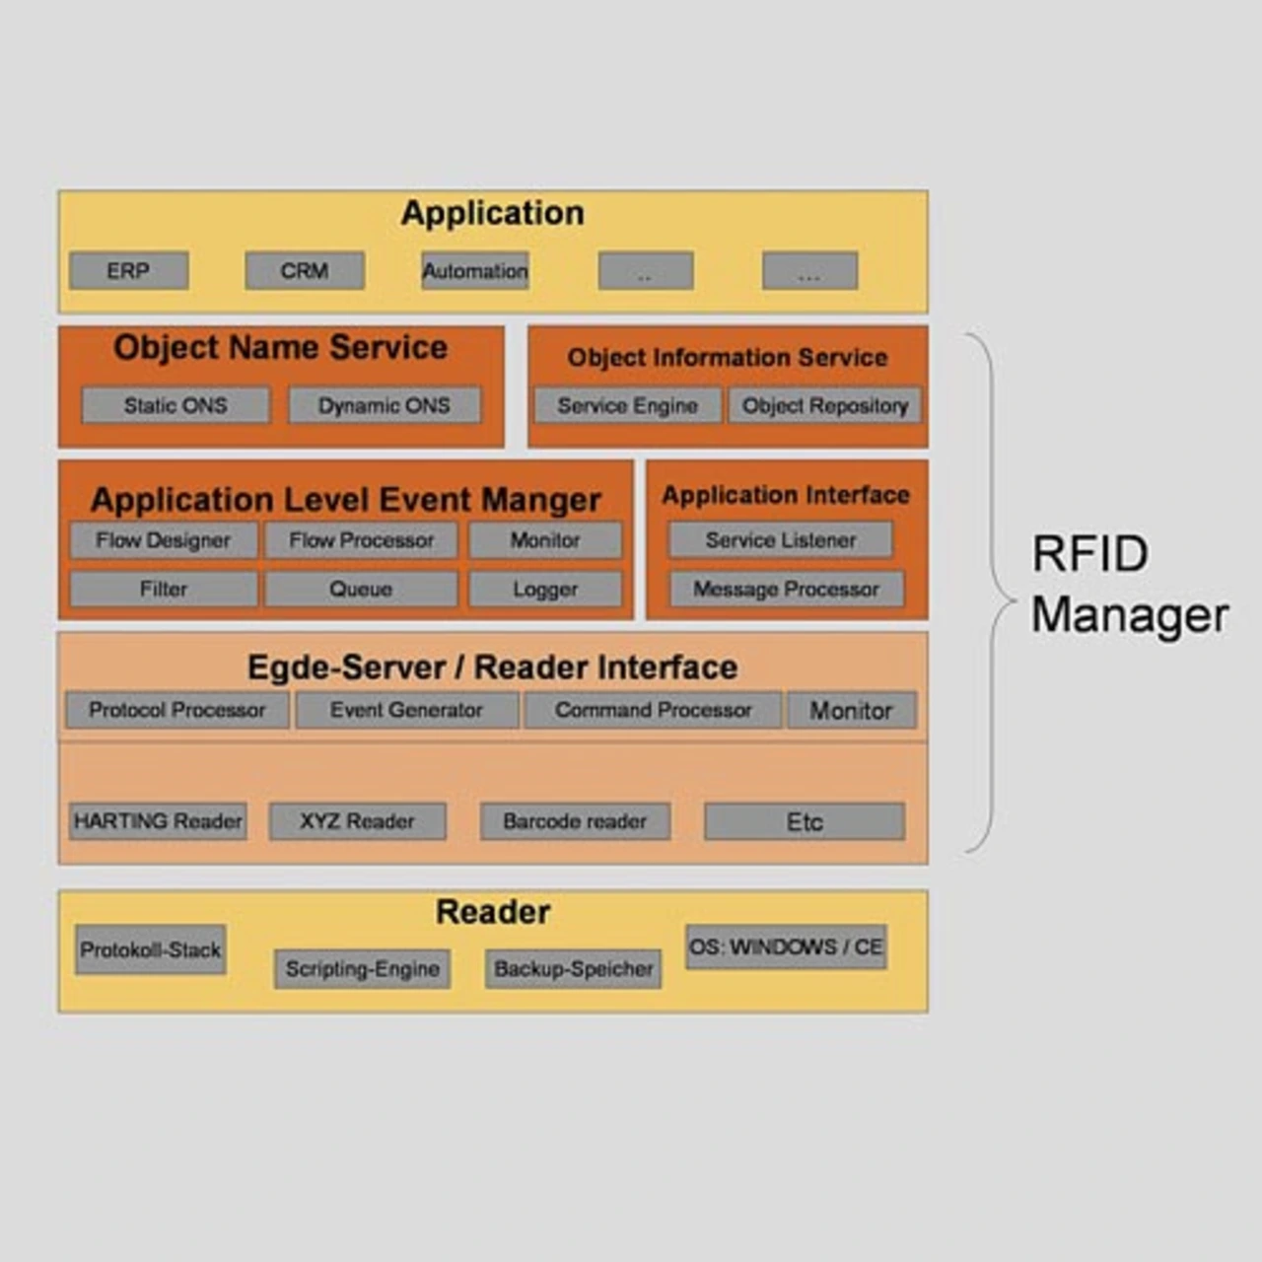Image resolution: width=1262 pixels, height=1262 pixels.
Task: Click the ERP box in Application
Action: tap(128, 270)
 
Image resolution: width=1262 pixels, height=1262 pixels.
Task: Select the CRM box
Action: tap(305, 270)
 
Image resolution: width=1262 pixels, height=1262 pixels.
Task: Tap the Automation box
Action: tap(475, 271)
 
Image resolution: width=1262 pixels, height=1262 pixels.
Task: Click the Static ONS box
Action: tap(175, 405)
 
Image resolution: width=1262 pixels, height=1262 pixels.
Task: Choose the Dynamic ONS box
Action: tap(385, 405)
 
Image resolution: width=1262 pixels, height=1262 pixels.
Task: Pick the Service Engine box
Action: tap(627, 405)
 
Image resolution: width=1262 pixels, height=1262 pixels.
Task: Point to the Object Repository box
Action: tap(825, 405)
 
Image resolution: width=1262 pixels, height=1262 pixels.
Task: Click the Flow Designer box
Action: tap(163, 540)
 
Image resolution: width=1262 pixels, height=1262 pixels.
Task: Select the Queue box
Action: tap(361, 589)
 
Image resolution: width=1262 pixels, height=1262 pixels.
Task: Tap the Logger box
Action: tap(545, 589)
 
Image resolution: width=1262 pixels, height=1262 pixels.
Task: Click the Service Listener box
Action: tap(781, 540)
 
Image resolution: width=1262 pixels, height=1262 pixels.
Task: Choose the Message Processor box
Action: tap(786, 589)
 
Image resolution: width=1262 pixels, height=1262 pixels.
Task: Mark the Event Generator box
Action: tap(406, 710)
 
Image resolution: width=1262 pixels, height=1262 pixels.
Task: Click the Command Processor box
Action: tap(653, 710)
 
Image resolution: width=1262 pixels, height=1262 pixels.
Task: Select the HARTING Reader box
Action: tap(158, 820)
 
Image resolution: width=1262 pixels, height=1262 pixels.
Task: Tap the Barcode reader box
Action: tap(575, 820)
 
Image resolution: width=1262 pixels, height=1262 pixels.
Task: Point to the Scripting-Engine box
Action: tap(363, 968)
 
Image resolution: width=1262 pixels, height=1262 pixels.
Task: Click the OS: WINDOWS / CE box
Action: tap(786, 946)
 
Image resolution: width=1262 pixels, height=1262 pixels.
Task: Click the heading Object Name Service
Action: tap(280, 347)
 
